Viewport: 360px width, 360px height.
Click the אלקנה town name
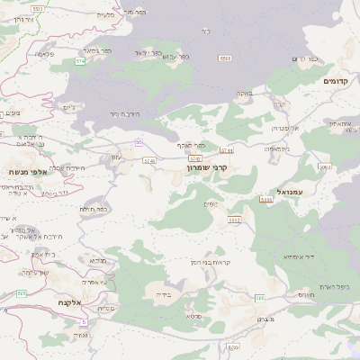[x=68, y=302]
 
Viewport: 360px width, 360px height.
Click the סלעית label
[x=105, y=13]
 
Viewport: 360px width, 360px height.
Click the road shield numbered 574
[x=81, y=61]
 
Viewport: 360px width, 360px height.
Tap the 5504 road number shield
[x=225, y=58]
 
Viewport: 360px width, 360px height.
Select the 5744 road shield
[x=226, y=150]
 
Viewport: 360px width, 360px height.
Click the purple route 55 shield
[x=139, y=143]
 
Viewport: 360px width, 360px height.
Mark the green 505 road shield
[x=20, y=292]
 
